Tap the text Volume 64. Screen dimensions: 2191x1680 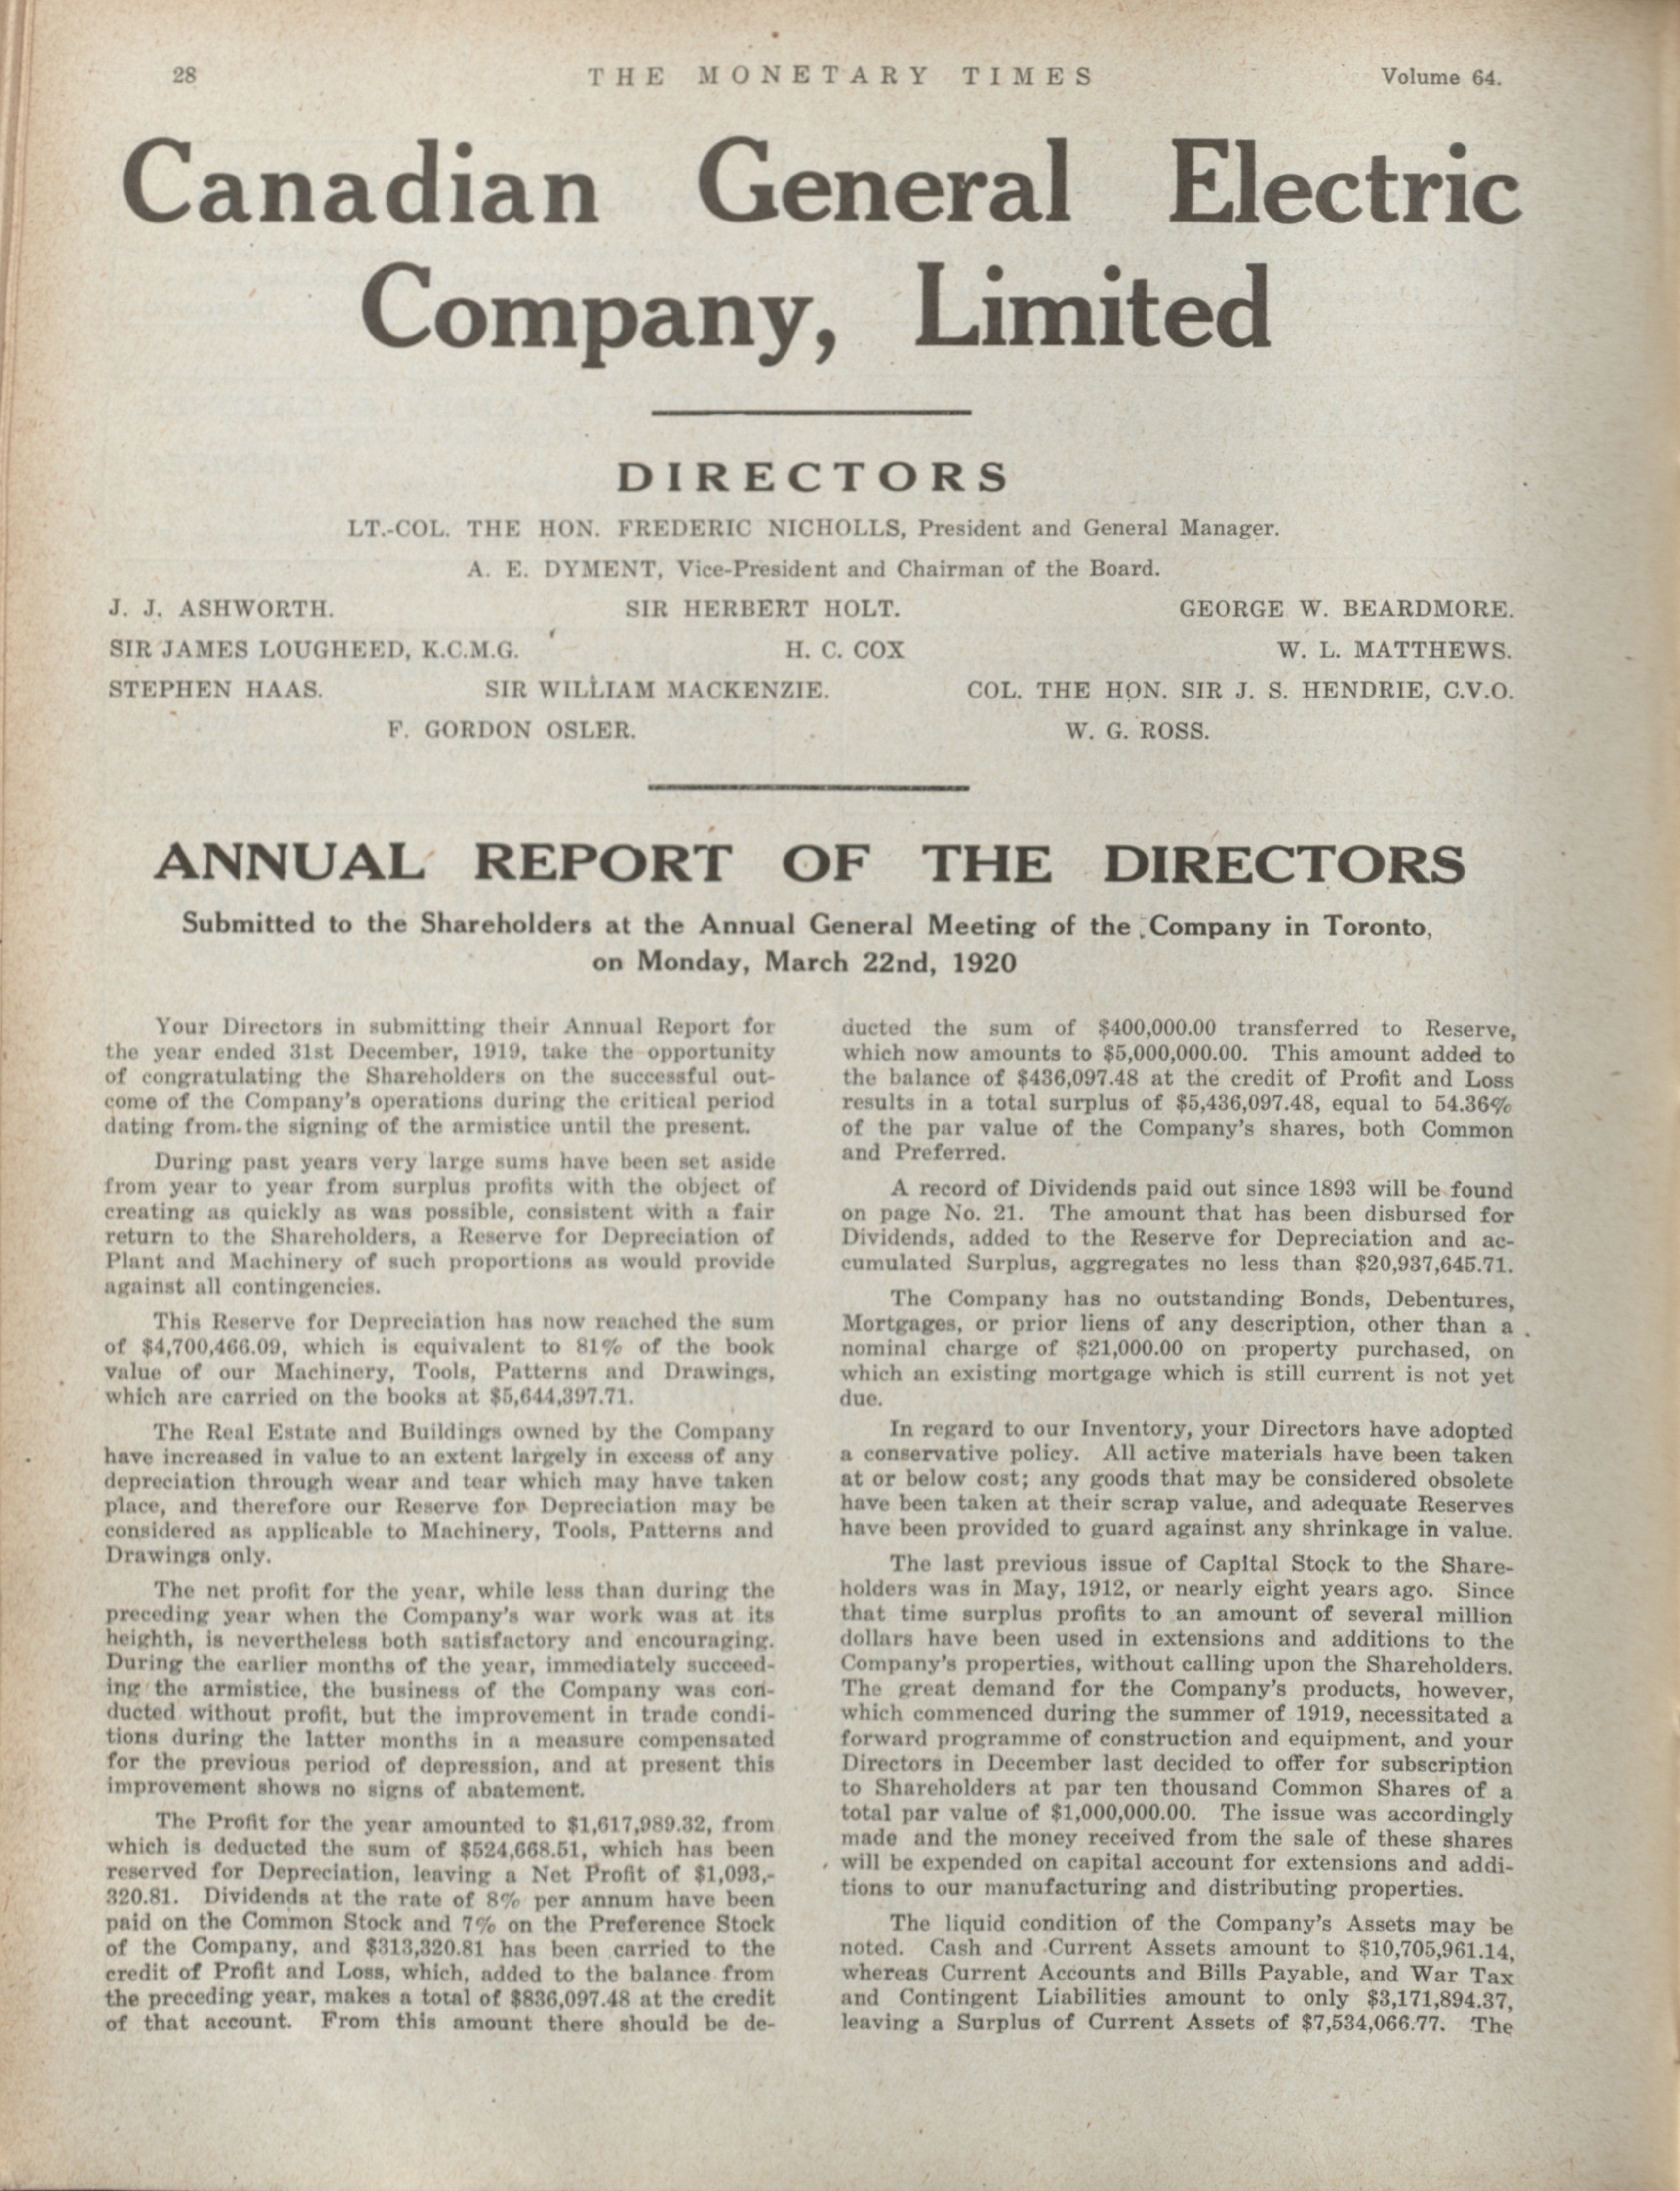[x=1440, y=78]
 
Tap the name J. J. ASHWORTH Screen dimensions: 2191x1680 [x=220, y=609]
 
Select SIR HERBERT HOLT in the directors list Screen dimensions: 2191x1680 [x=764, y=609]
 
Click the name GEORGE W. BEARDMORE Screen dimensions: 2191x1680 [x=1346, y=609]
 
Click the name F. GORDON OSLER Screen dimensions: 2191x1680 [x=511, y=730]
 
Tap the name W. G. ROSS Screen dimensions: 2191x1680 [x=1137, y=730]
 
